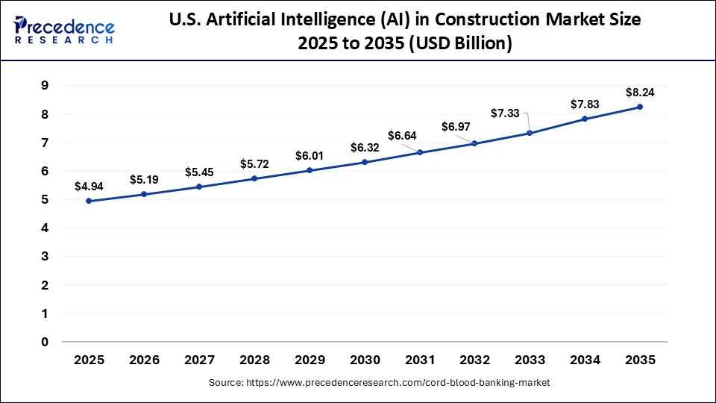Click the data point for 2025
[89, 201]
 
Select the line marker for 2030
[365, 162]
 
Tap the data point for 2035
[640, 107]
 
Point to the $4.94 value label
[89, 186]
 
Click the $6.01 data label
[310, 155]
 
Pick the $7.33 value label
[505, 113]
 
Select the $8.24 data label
[640, 93]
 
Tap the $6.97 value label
[456, 127]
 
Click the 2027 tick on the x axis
[199, 360]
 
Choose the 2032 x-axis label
[475, 360]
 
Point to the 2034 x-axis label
[585, 360]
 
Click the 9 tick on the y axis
[45, 86]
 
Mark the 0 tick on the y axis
[45, 343]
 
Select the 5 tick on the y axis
[45, 200]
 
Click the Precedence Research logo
[64, 30]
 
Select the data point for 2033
[530, 133]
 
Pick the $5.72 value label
[254, 163]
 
